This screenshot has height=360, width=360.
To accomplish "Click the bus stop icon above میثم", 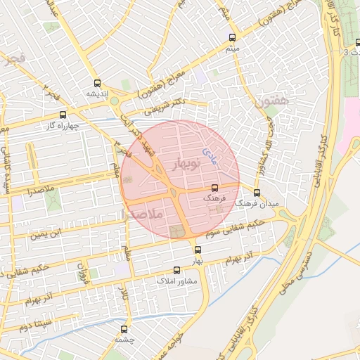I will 232,37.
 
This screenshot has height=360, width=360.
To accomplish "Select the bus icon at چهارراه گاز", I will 63,115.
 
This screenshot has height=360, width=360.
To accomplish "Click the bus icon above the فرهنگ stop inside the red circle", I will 214,188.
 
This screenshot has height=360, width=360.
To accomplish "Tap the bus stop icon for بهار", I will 198,250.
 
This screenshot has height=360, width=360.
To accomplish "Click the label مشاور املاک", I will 176,281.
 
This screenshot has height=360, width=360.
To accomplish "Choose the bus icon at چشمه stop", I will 124,328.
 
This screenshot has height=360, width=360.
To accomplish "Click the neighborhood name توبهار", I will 186,162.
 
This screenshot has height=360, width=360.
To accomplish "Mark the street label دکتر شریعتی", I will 163,106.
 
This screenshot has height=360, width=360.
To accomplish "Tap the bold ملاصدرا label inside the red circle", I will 142,213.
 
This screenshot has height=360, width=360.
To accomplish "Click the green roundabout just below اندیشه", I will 115,101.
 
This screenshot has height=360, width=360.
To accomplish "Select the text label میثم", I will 233,49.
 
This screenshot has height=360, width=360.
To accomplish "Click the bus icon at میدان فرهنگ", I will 257,192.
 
